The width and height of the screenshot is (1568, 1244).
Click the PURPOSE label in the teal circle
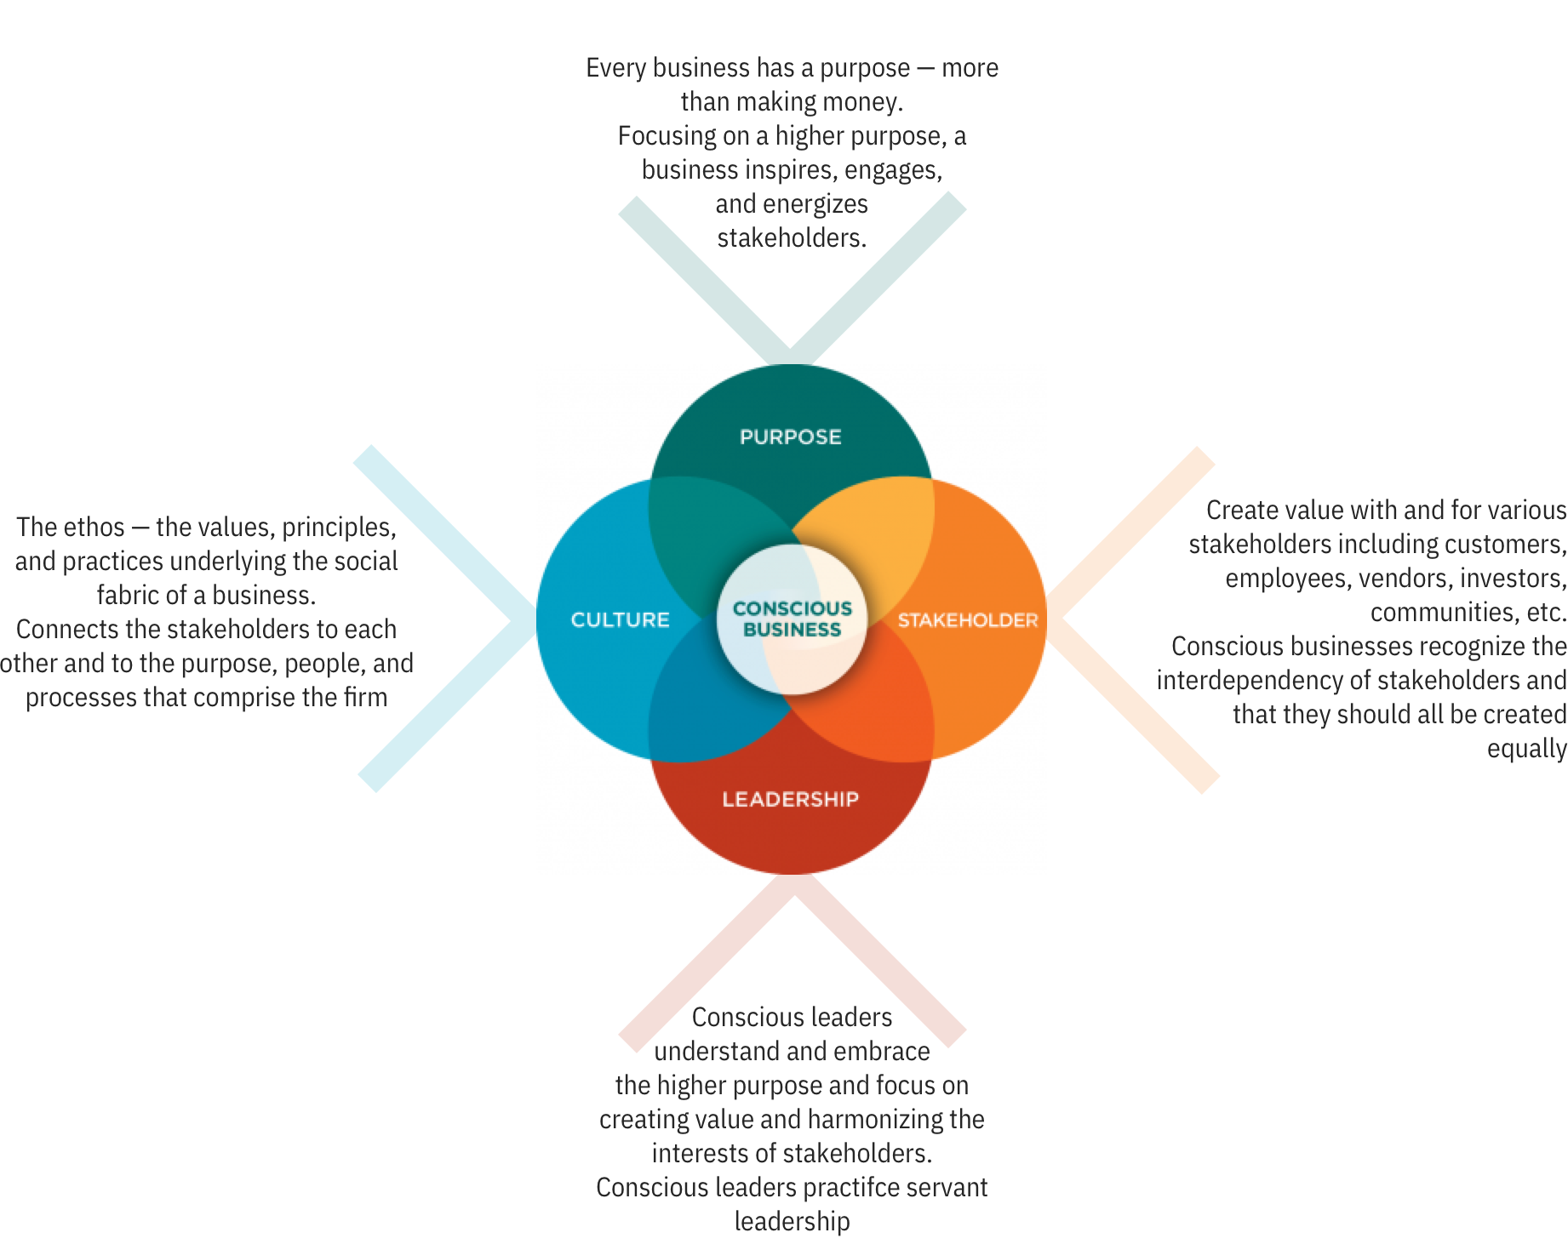pyautogui.click(x=790, y=437)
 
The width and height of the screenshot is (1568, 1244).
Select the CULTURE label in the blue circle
pyautogui.click(x=620, y=619)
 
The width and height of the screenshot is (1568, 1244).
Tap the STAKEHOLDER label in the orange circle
pyautogui.click(x=968, y=620)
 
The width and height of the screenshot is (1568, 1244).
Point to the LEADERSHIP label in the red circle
pyautogui.click(x=790, y=799)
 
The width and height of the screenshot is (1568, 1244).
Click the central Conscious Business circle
pyautogui.click(x=792, y=619)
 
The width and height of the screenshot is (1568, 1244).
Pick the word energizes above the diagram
pyautogui.click(x=815, y=204)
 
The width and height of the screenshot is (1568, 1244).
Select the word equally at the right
pyautogui.click(x=1527, y=749)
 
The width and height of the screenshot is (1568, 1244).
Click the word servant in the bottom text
pyautogui.click(x=946, y=1187)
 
